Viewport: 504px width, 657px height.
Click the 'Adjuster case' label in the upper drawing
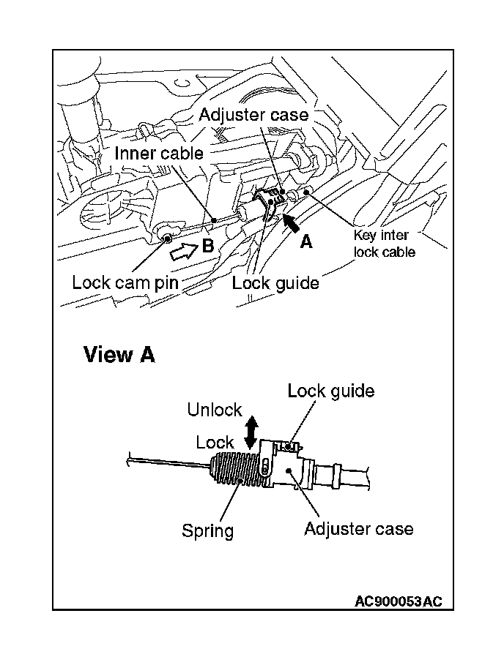[x=253, y=116]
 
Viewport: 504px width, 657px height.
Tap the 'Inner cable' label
[x=158, y=154]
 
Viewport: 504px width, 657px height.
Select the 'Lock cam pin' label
[x=125, y=282]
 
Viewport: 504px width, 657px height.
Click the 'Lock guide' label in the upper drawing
[x=275, y=282]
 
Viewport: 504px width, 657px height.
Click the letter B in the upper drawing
[x=207, y=246]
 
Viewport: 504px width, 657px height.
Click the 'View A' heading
[x=119, y=355]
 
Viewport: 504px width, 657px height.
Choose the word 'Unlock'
[x=214, y=410]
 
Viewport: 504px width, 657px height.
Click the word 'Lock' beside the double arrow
[x=215, y=442]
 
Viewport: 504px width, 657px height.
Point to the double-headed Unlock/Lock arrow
[x=251, y=432]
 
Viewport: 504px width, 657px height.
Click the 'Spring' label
[x=207, y=530]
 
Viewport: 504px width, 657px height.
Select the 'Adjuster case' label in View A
[x=358, y=528]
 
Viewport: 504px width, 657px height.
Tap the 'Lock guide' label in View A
[x=330, y=391]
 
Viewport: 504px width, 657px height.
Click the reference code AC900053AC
[x=398, y=601]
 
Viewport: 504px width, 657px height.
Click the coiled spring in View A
[x=236, y=470]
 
